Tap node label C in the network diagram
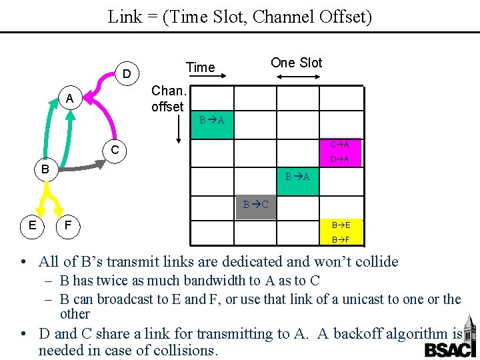115,151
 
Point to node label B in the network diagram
44,169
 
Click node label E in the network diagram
32,225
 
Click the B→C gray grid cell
256,205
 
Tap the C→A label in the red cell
341,145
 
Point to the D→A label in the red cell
341,159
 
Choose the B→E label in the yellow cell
341,225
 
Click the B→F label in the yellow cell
341,239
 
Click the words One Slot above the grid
296,63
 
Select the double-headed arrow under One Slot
297,78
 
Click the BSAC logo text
447,349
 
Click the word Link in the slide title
125,17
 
